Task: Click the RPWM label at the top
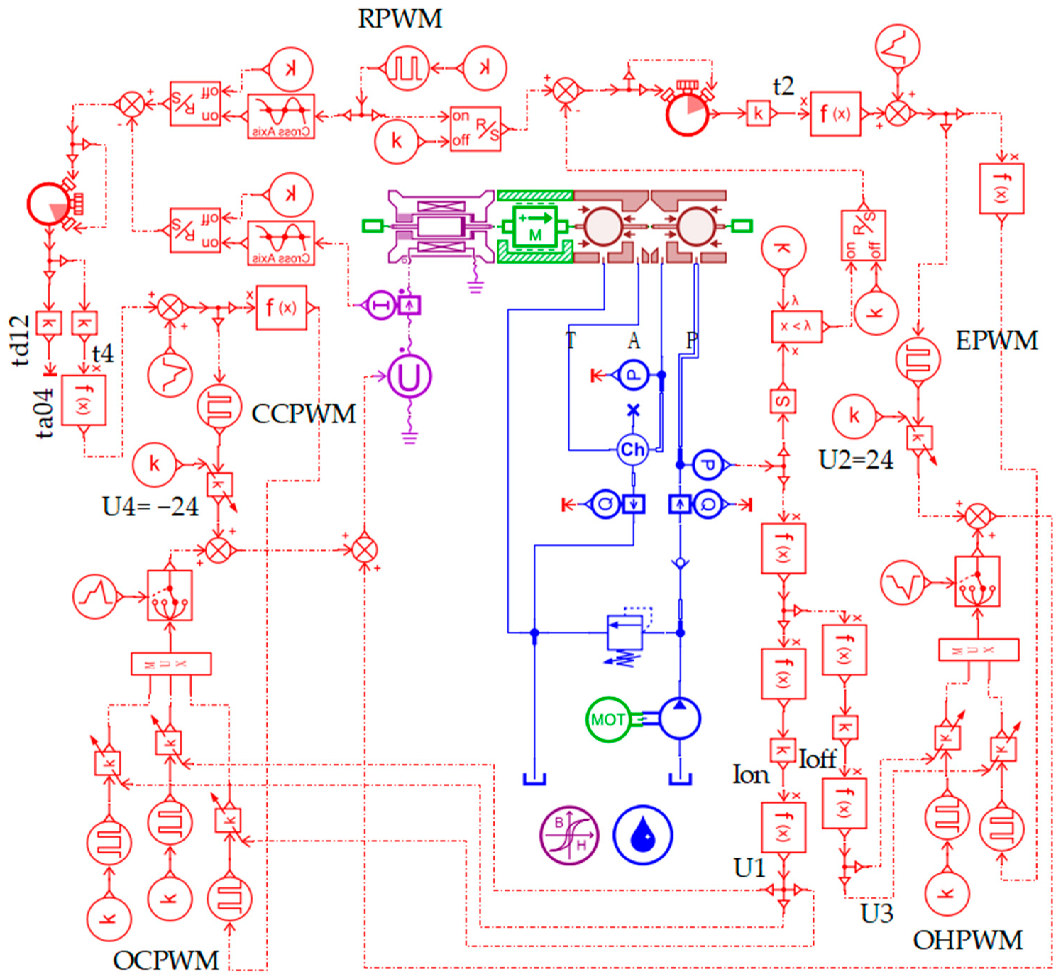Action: (x=400, y=19)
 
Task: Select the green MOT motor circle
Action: (x=608, y=720)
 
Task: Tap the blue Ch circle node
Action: (x=632, y=450)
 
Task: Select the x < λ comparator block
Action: (x=796, y=327)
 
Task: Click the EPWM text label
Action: (x=996, y=341)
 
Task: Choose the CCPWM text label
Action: (x=303, y=414)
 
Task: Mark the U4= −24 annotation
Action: (x=150, y=507)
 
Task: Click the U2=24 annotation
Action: (x=855, y=460)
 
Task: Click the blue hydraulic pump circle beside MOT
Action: (x=679, y=719)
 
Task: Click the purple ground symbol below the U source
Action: (x=409, y=438)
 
